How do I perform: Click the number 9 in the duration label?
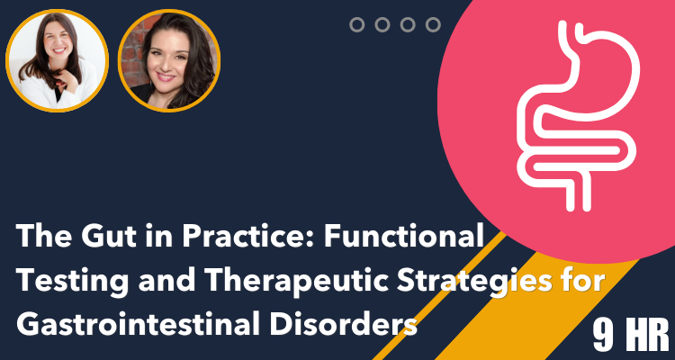(x=604, y=336)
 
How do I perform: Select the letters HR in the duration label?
(x=647, y=336)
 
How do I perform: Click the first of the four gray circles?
(x=357, y=24)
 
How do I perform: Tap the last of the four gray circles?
(x=433, y=24)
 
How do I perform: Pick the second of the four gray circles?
(x=382, y=24)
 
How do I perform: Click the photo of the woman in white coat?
(x=58, y=60)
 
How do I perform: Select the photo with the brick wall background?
(x=169, y=60)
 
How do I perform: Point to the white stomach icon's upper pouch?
(x=603, y=69)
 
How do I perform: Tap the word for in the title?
(x=587, y=281)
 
